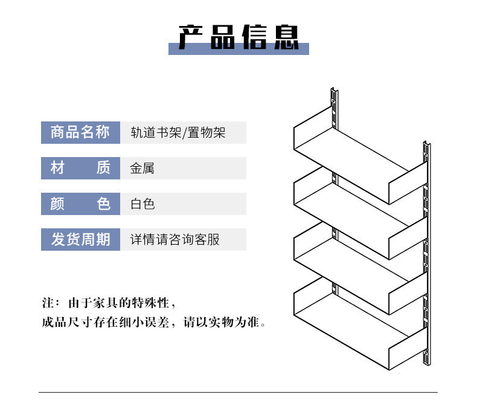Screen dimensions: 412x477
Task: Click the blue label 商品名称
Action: pos(80,132)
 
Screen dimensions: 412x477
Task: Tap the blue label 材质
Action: pos(80,168)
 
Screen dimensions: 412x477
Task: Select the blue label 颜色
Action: pos(80,204)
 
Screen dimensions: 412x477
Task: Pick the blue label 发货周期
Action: pos(80,239)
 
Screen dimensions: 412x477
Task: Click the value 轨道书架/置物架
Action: pos(178,132)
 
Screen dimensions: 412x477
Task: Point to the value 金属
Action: pos(142,168)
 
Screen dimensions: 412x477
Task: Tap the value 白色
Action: pos(142,204)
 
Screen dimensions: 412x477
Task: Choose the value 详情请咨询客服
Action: pos(175,239)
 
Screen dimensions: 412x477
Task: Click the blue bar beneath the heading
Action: pos(238,51)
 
